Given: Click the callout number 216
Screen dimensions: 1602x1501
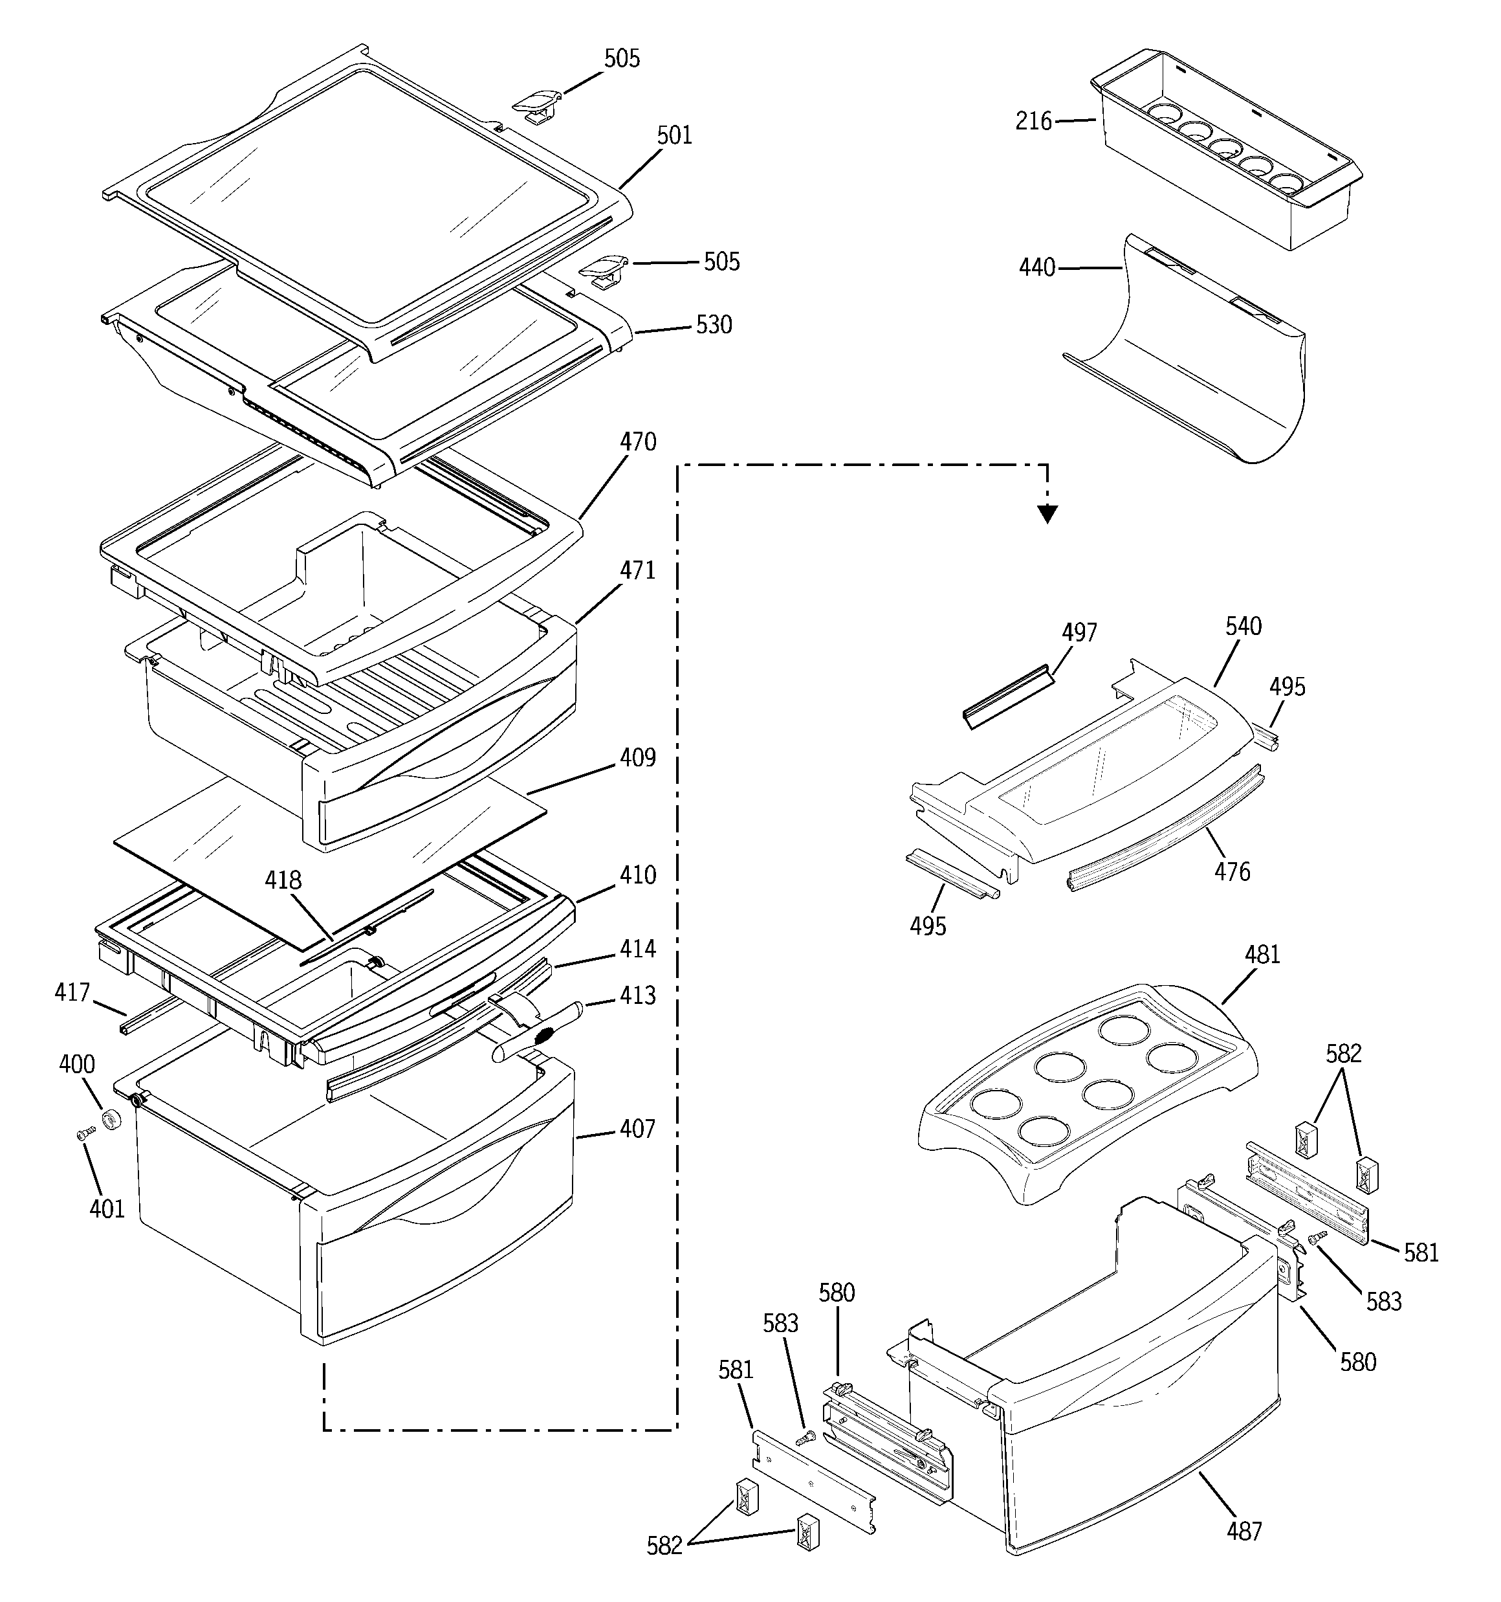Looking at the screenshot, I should tap(1034, 122).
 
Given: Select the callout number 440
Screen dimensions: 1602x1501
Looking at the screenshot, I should tap(1037, 267).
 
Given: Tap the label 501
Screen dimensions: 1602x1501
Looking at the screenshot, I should tap(674, 135).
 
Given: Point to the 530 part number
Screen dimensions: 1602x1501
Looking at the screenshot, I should tap(713, 326).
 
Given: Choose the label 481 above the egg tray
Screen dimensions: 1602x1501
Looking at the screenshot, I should tap(1262, 955).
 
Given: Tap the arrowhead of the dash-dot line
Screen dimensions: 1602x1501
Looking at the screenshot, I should tap(1047, 514).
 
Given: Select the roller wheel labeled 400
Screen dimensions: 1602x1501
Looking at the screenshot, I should tap(111, 1119).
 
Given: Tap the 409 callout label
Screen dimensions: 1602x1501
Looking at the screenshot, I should tap(637, 759).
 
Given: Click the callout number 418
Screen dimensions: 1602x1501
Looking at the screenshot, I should tap(283, 881).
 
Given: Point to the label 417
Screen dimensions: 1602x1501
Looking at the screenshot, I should tap(72, 992).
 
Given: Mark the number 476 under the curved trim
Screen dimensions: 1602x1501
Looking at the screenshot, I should tap(1233, 872).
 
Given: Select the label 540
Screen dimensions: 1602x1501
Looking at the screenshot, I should tap(1244, 626).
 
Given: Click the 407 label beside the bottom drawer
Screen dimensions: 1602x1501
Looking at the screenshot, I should tap(637, 1129).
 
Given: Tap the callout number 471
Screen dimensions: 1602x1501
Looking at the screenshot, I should tap(637, 570).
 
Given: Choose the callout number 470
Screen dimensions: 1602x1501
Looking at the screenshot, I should tap(637, 442).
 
